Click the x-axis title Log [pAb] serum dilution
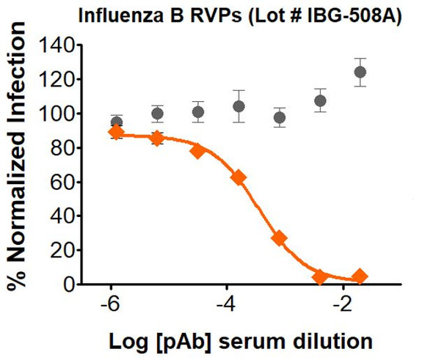coord(236,341)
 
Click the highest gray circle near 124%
coord(360,72)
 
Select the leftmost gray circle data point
coord(116,122)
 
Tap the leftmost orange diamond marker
coord(116,133)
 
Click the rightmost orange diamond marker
coord(360,276)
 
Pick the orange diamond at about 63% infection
coord(238,177)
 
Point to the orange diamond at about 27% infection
coord(279,238)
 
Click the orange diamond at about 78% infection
coord(197,151)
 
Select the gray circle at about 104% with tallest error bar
coord(239,106)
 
